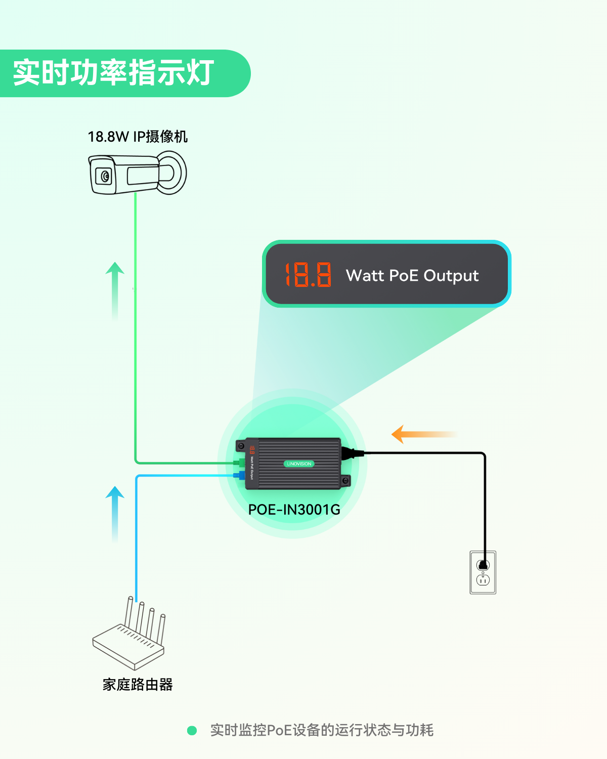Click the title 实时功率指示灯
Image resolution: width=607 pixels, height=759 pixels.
[113, 73]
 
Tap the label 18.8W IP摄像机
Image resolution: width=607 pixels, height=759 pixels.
[138, 137]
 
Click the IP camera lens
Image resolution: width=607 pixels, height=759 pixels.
[105, 176]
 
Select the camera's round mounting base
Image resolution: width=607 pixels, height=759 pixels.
[174, 173]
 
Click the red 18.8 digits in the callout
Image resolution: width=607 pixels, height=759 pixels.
[308, 275]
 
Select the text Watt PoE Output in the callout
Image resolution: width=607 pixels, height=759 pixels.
[412, 275]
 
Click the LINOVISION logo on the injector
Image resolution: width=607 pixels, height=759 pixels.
[299, 463]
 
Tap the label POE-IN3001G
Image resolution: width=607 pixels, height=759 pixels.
[294, 510]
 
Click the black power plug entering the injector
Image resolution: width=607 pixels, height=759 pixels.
[349, 453]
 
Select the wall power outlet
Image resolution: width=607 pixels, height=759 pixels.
[483, 572]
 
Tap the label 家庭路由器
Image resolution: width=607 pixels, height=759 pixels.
[138, 685]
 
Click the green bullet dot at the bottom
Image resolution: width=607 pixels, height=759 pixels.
[192, 730]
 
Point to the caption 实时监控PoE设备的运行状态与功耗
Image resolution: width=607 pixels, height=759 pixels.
[322, 730]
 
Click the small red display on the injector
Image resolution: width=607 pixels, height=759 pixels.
[251, 450]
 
